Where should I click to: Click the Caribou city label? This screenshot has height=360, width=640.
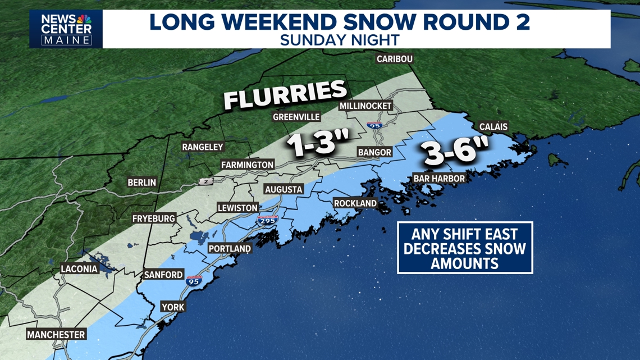pyautogui.click(x=395, y=59)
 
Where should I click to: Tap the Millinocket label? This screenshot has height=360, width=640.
pyautogui.click(x=365, y=106)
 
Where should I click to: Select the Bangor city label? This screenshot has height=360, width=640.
pyautogui.click(x=374, y=152)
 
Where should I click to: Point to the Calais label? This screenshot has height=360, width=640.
pyautogui.click(x=493, y=127)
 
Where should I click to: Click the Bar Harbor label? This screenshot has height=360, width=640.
pyautogui.click(x=439, y=179)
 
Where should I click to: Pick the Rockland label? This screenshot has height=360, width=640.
pyautogui.click(x=355, y=203)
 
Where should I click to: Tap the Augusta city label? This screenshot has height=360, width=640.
pyautogui.click(x=284, y=189)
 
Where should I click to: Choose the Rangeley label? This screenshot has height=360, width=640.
pyautogui.click(x=203, y=147)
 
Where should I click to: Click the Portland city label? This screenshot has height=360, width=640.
pyautogui.click(x=230, y=248)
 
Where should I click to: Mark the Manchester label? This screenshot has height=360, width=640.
pyautogui.click(x=56, y=335)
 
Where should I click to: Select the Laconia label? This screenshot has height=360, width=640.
pyautogui.click(x=79, y=269)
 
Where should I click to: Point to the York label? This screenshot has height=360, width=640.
pyautogui.click(x=172, y=307)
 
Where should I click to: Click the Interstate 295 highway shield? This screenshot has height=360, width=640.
pyautogui.click(x=268, y=220)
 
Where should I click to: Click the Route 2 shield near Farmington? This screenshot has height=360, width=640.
pyautogui.click(x=205, y=181)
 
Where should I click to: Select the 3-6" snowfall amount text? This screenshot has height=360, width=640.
pyautogui.click(x=455, y=153)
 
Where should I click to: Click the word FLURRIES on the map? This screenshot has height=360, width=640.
pyautogui.click(x=285, y=94)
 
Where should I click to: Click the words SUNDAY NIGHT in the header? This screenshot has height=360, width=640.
pyautogui.click(x=340, y=40)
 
